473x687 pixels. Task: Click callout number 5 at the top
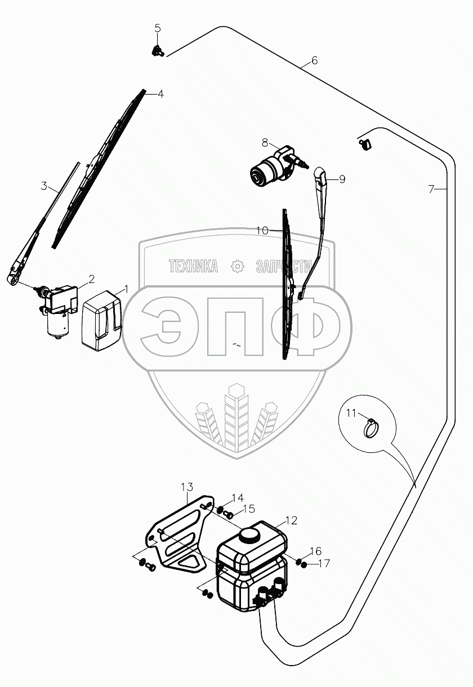[157, 28]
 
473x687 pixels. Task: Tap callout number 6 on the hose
[314, 60]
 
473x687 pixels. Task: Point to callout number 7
[431, 190]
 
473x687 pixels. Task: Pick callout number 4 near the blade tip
[160, 94]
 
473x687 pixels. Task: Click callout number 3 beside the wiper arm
[44, 186]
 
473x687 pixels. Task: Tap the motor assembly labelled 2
[56, 311]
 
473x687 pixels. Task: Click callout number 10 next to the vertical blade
[262, 230]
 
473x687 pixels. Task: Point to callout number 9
[342, 179]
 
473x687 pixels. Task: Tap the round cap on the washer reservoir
[248, 534]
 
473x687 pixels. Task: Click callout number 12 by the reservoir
[291, 520]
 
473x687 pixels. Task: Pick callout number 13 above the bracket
[187, 487]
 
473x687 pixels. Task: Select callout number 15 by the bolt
[249, 509]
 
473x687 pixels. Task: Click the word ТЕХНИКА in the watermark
[193, 266]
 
